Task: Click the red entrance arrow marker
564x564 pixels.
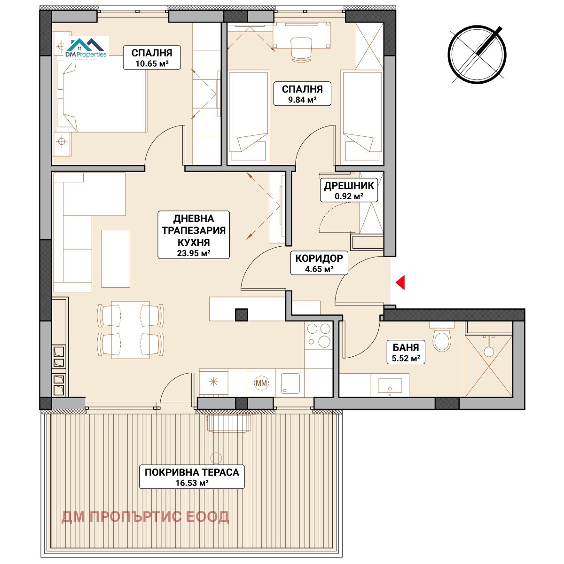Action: coord(400,282)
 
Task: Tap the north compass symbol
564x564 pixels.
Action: coord(477,55)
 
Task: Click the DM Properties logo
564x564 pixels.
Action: coord(86,49)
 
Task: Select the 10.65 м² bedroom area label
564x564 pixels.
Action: coord(152,58)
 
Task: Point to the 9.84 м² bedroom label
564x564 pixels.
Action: coord(302,94)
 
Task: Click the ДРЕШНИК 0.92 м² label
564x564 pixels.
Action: coord(349,190)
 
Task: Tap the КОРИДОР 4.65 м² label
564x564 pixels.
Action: coord(319,263)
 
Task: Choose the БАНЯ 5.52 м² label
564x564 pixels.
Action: coord(406,352)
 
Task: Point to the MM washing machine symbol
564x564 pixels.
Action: coord(261,383)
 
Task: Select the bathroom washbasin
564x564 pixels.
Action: coord(390,386)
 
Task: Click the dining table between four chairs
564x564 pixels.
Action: coord(131,330)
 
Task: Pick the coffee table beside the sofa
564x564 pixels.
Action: coord(115,258)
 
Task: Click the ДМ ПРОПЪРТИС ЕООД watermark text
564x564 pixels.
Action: coord(145,517)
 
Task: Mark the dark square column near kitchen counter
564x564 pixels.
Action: coord(242,315)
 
